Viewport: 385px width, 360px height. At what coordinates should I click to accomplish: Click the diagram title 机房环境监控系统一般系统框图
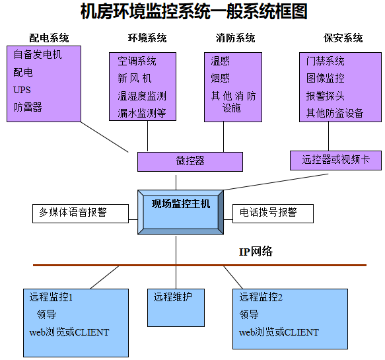193,12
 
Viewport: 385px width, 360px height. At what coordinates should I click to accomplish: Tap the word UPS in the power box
22,90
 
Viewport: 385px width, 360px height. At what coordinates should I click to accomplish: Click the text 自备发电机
38,55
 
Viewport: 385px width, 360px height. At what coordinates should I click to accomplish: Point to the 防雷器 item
28,107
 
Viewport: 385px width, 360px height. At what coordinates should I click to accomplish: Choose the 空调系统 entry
137,61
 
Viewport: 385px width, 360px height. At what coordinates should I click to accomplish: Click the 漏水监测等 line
142,113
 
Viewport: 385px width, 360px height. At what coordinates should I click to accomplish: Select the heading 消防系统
235,38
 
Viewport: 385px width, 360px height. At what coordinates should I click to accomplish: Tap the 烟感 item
221,79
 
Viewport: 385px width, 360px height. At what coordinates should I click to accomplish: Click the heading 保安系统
343,38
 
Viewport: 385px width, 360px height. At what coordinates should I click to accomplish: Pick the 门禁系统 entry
326,61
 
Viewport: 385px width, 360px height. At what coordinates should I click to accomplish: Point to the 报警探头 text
326,96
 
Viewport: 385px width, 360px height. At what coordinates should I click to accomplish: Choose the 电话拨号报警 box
268,213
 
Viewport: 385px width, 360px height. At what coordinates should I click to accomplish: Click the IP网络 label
256,252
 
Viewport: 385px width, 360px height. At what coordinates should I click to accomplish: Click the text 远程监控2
261,298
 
